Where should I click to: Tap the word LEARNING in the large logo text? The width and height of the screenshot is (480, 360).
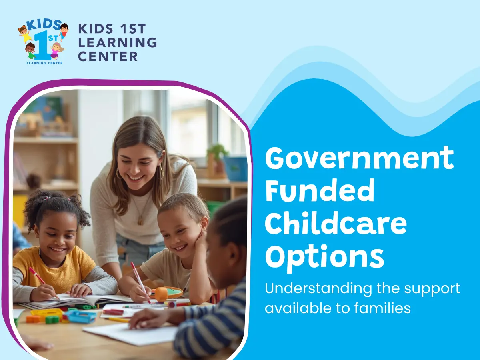point(117,42)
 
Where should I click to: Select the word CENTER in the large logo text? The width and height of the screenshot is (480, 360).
point(108,56)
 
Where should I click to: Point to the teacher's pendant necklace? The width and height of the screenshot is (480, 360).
point(140,220)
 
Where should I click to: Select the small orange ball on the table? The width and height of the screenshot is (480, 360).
point(161,294)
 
